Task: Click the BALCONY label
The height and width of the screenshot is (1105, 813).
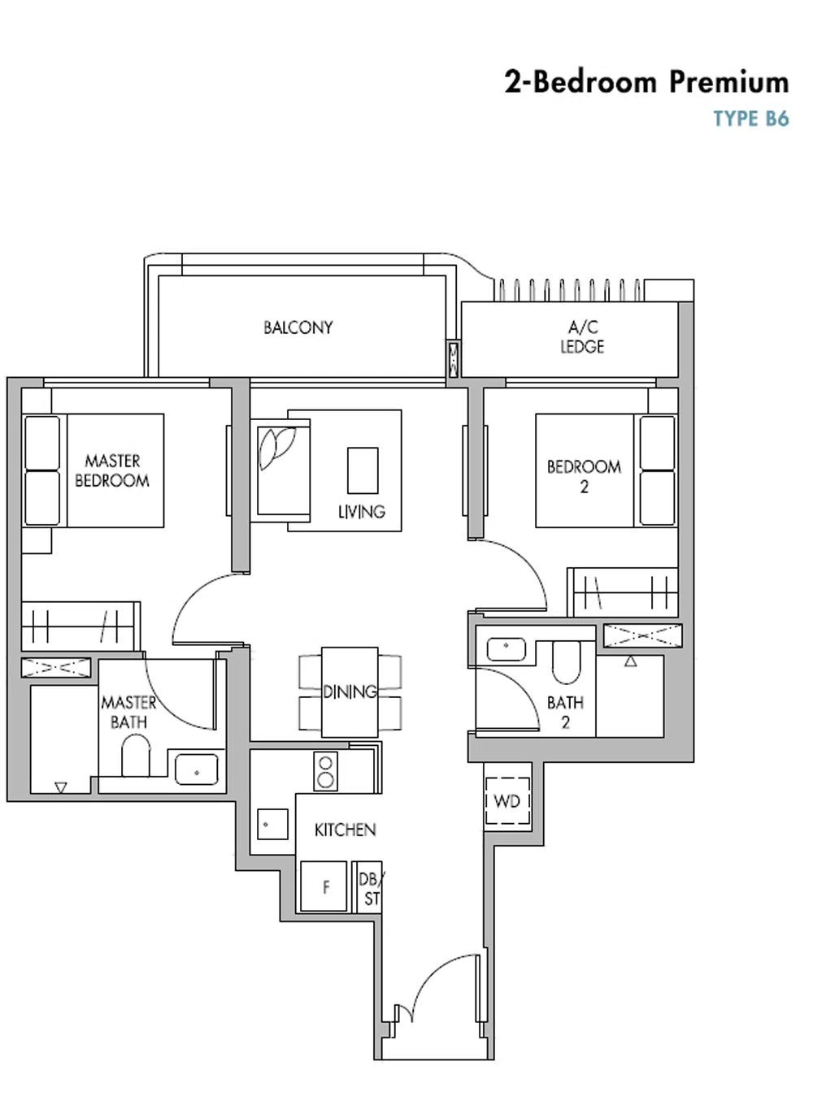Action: click(298, 327)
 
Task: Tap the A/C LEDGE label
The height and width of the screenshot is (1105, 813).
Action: click(582, 337)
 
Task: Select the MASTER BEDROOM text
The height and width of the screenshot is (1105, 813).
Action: click(112, 470)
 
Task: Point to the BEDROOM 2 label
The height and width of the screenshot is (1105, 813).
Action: click(584, 476)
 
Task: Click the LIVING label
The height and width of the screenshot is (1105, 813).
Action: click(362, 512)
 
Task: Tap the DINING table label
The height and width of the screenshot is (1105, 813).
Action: click(350, 691)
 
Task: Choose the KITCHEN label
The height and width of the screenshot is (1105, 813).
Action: click(345, 830)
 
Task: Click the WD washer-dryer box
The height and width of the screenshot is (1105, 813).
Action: click(507, 801)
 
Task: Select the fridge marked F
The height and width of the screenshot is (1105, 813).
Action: click(324, 886)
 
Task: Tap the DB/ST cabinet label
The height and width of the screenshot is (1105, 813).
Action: click(372, 889)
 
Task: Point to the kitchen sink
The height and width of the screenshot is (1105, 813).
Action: click(272, 824)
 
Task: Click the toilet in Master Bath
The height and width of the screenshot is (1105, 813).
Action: click(135, 756)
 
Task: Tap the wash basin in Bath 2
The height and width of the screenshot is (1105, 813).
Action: click(506, 648)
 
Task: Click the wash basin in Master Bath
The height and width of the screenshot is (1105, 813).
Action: click(197, 769)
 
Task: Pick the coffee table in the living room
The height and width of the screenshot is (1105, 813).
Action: click(363, 470)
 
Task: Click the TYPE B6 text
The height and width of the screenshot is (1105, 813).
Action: click(751, 119)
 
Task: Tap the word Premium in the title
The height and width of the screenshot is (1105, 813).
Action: click(729, 82)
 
